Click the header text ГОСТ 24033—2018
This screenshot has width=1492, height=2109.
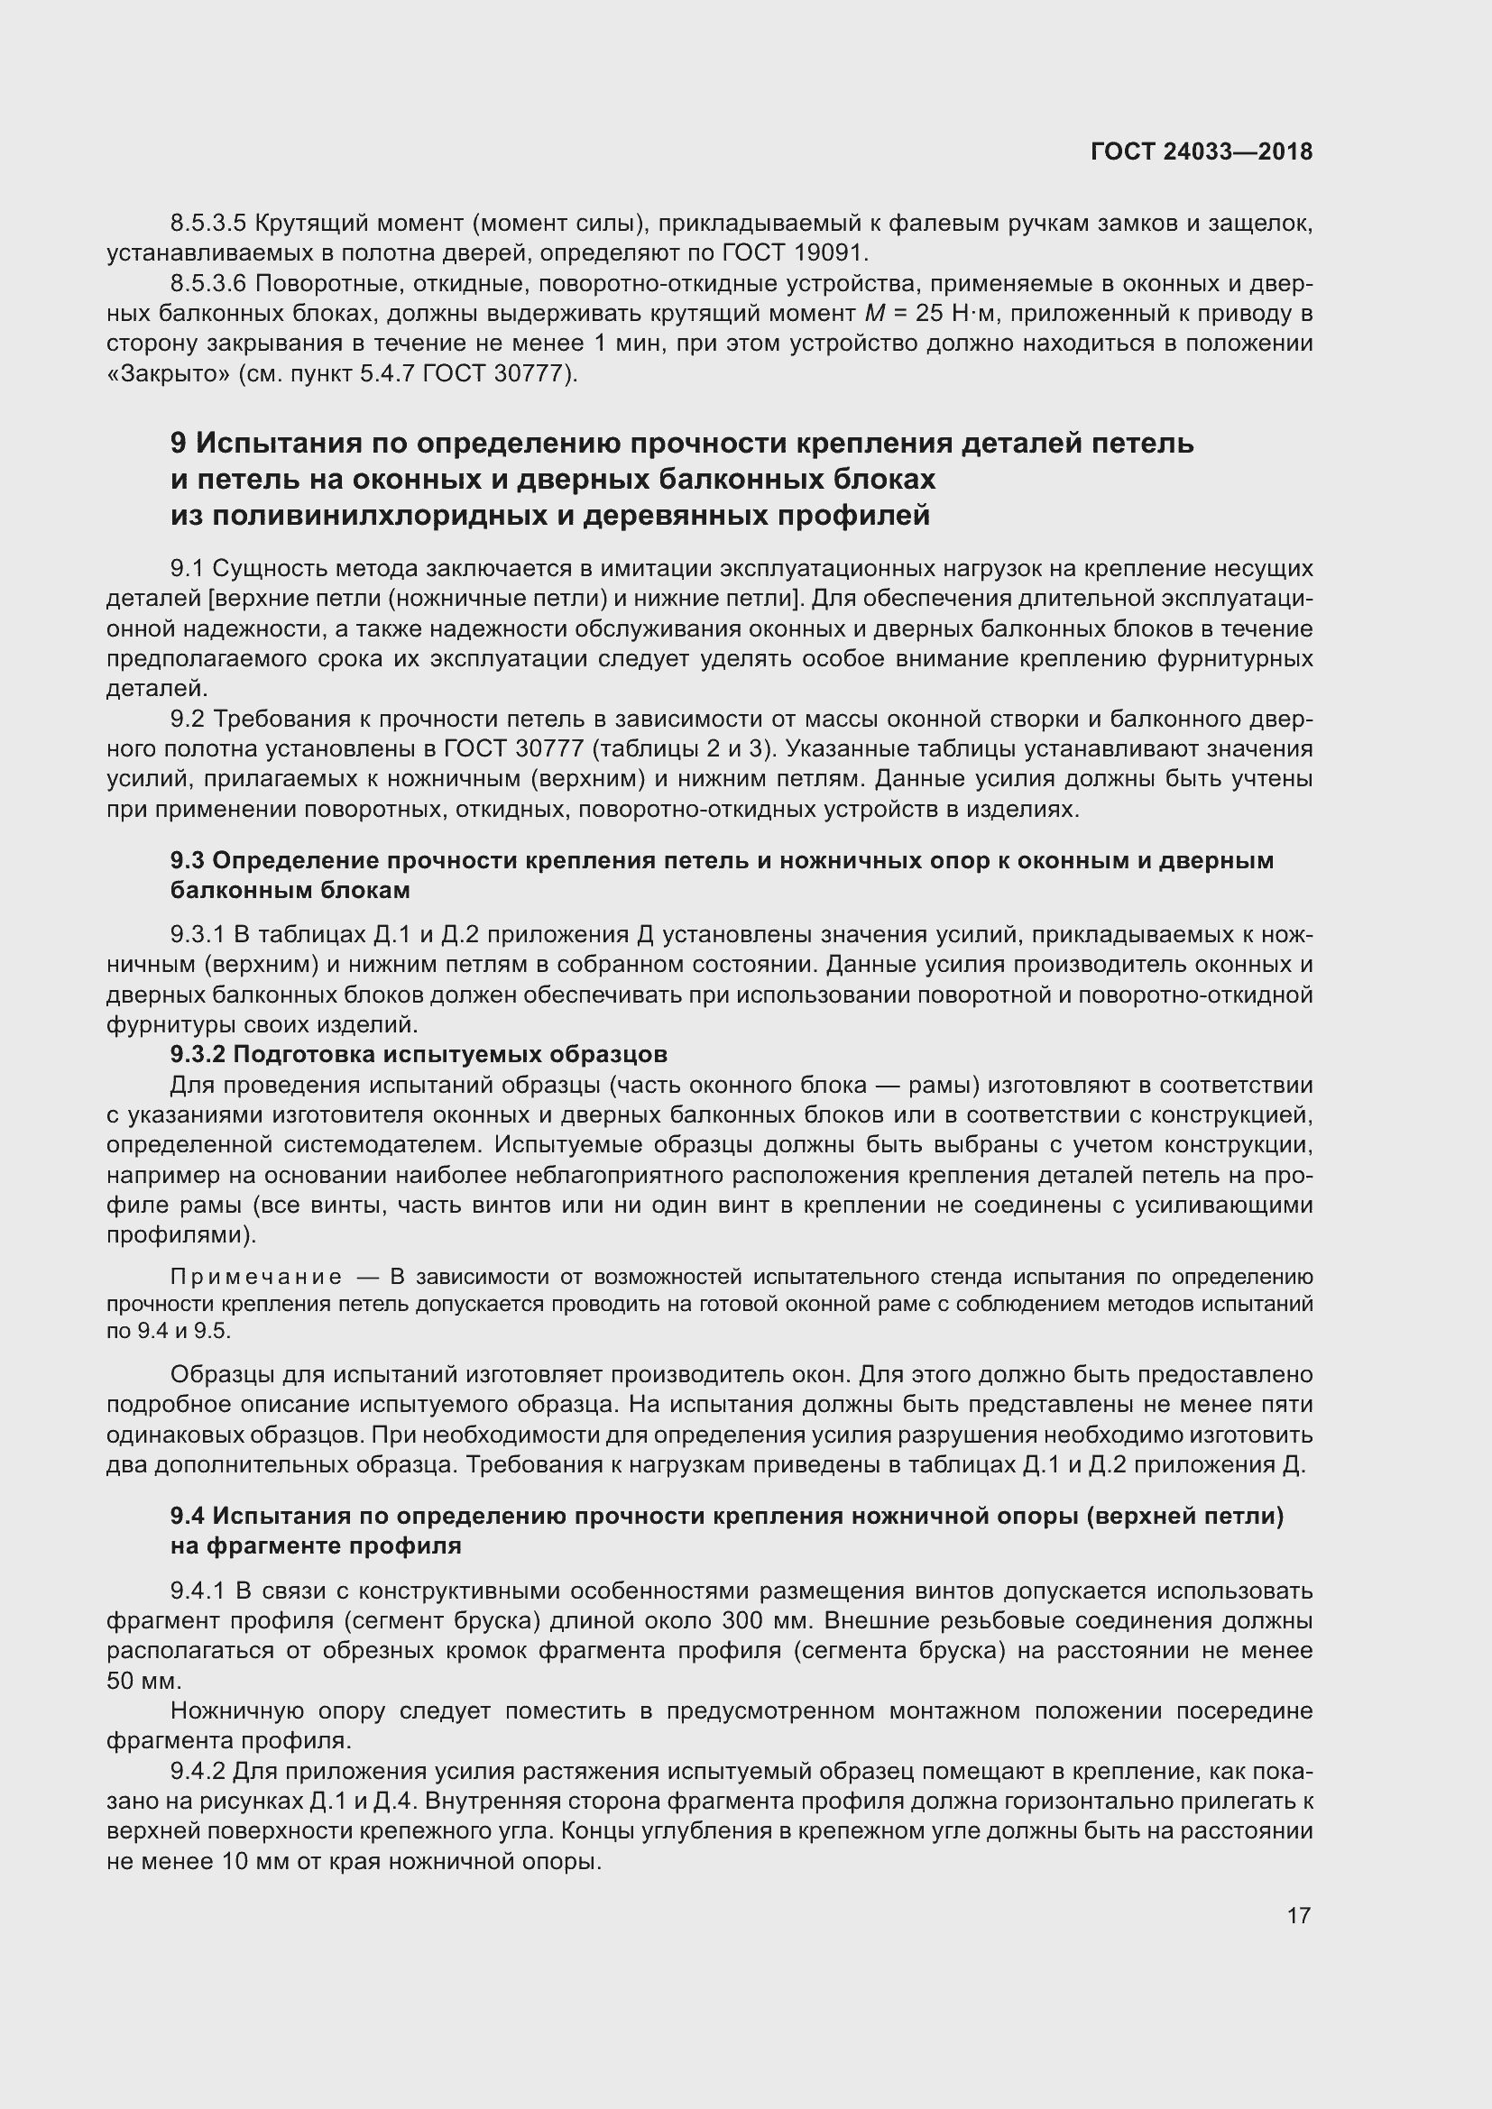click(1202, 151)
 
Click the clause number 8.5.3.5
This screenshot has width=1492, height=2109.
click(208, 224)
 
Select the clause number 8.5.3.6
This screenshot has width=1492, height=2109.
click(208, 284)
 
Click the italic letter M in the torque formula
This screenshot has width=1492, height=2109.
click(874, 314)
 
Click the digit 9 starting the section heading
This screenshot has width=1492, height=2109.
click(179, 444)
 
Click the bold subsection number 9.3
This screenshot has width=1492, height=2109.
click(188, 861)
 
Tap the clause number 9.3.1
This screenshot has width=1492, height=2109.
click(198, 935)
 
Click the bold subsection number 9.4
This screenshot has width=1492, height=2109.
click(189, 1516)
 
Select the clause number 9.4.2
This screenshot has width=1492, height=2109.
click(198, 1770)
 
